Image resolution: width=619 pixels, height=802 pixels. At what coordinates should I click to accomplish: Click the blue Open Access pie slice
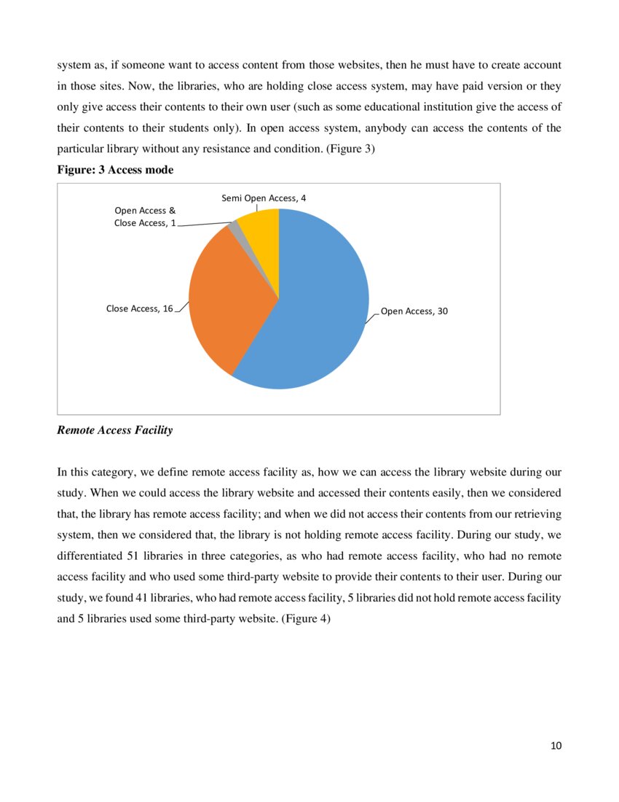coord(320,314)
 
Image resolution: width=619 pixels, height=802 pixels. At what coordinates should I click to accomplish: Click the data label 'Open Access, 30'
coord(414,311)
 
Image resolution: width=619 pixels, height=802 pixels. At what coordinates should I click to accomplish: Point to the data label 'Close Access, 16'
coord(139,309)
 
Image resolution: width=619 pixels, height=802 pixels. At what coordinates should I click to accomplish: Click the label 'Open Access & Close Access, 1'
coord(145,217)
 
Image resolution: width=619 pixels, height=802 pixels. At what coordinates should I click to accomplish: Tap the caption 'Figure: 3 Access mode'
coord(115,169)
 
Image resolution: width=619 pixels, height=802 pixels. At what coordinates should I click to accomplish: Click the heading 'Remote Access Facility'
coord(114,430)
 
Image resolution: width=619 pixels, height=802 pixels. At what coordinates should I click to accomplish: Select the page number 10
coord(556,745)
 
